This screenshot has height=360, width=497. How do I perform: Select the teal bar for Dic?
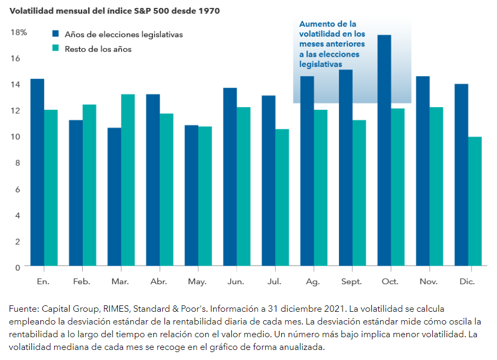(x=475, y=201)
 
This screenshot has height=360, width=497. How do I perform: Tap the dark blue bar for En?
(x=37, y=172)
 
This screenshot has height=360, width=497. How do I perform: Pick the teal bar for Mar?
(x=128, y=180)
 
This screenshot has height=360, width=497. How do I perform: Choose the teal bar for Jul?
(x=282, y=197)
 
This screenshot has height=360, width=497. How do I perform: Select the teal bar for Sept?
(x=359, y=192)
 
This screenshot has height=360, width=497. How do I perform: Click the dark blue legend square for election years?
(x=55, y=34)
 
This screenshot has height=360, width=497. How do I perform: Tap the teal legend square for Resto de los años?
(x=55, y=49)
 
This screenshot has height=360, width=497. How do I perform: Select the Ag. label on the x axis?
(x=313, y=282)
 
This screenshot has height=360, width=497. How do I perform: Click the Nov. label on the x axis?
(x=429, y=282)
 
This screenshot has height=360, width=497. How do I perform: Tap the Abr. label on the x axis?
(x=159, y=282)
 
